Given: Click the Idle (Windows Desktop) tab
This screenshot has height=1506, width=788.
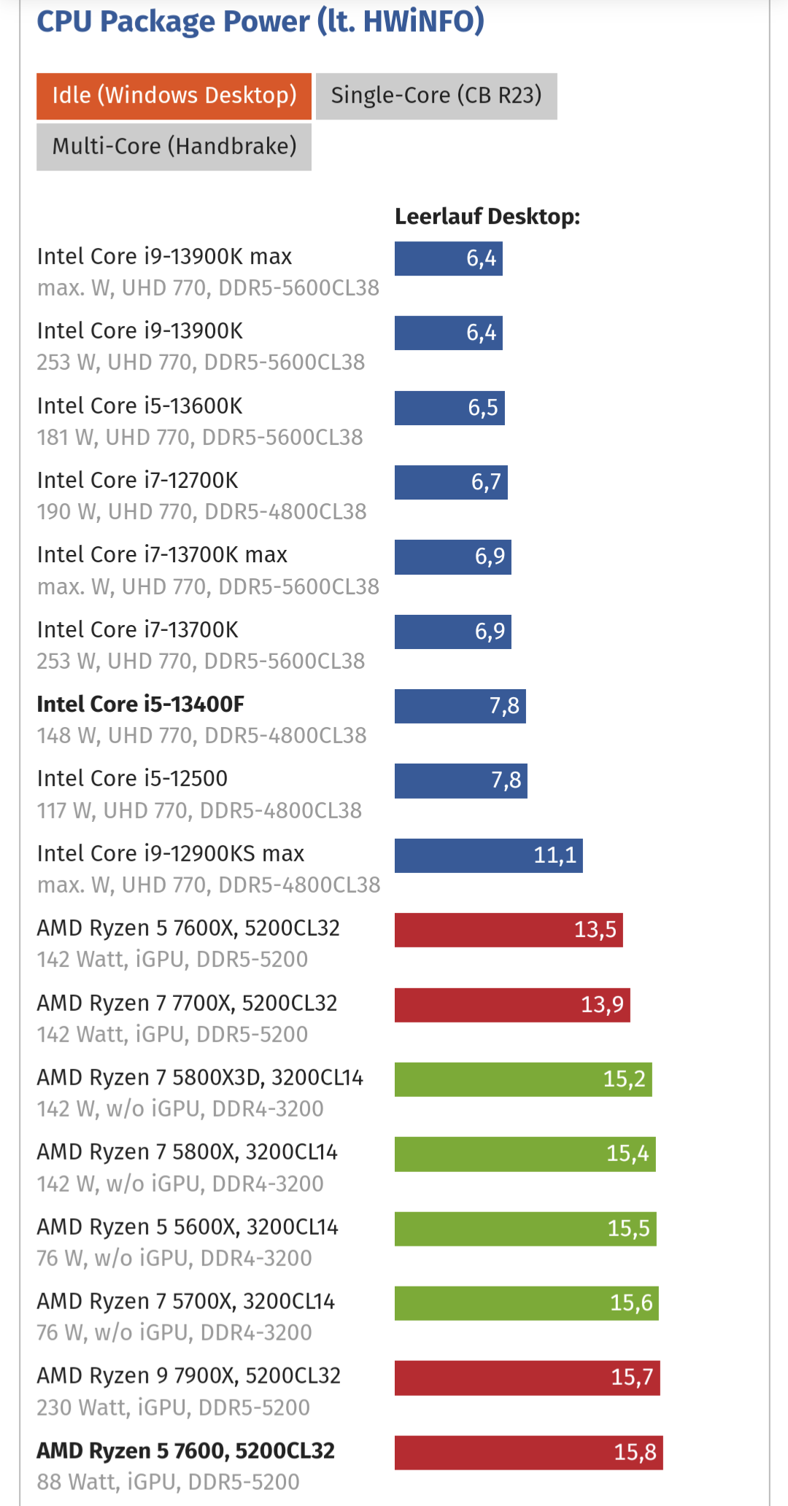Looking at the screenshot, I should point(174,96).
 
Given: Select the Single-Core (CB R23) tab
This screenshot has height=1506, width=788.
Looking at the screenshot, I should point(436,96).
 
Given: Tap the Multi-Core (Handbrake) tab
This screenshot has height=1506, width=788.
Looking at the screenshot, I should point(174,147).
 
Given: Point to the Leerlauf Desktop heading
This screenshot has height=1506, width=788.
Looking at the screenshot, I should point(487,217).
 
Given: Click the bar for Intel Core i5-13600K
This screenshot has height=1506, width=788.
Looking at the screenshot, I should point(449,408).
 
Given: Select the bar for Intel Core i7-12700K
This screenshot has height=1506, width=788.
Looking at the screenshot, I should point(451,482).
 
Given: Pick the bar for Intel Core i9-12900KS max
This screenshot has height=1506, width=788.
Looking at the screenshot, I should point(488,855).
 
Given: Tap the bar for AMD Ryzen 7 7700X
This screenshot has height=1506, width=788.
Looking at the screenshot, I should point(512,1005).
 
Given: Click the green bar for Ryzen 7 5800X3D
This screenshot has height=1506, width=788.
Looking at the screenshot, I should point(523,1079).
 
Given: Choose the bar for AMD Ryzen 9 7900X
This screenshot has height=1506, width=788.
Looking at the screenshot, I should point(527,1378).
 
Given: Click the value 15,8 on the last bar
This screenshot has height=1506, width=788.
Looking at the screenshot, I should point(635,1452).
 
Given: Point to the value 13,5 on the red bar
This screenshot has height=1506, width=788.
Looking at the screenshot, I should point(595,930).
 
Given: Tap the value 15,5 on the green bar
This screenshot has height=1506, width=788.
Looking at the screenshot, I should point(628,1229).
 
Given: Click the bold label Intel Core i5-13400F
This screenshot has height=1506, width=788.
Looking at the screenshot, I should point(141,705).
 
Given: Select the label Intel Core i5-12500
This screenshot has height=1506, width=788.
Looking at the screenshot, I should point(132,779).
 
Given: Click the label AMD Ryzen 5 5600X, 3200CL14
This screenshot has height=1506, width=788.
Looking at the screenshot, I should point(188,1227).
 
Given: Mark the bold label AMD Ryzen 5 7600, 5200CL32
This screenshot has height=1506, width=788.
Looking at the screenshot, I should point(186,1451).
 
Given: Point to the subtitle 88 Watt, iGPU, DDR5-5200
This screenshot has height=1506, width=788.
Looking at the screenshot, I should point(169,1483).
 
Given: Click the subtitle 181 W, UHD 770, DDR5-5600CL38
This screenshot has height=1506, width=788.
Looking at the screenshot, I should point(200,438).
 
